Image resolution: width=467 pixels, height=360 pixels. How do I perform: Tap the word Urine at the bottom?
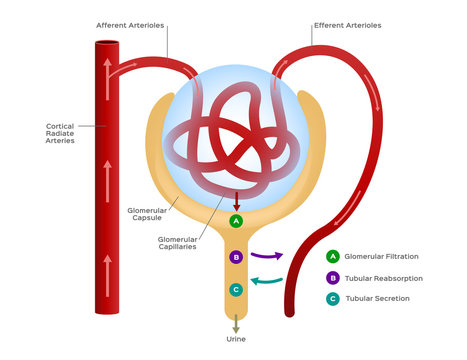point(236,339)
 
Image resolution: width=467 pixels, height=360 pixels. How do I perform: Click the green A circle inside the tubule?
point(236,221)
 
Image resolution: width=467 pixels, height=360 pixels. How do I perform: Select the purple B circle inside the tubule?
point(236,257)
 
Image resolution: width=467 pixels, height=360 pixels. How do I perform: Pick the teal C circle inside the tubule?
point(236,289)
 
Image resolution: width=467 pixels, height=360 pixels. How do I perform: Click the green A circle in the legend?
point(332,256)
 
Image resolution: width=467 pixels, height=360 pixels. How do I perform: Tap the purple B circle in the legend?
point(332,278)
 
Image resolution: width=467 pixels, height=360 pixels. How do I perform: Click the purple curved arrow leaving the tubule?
point(266,256)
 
